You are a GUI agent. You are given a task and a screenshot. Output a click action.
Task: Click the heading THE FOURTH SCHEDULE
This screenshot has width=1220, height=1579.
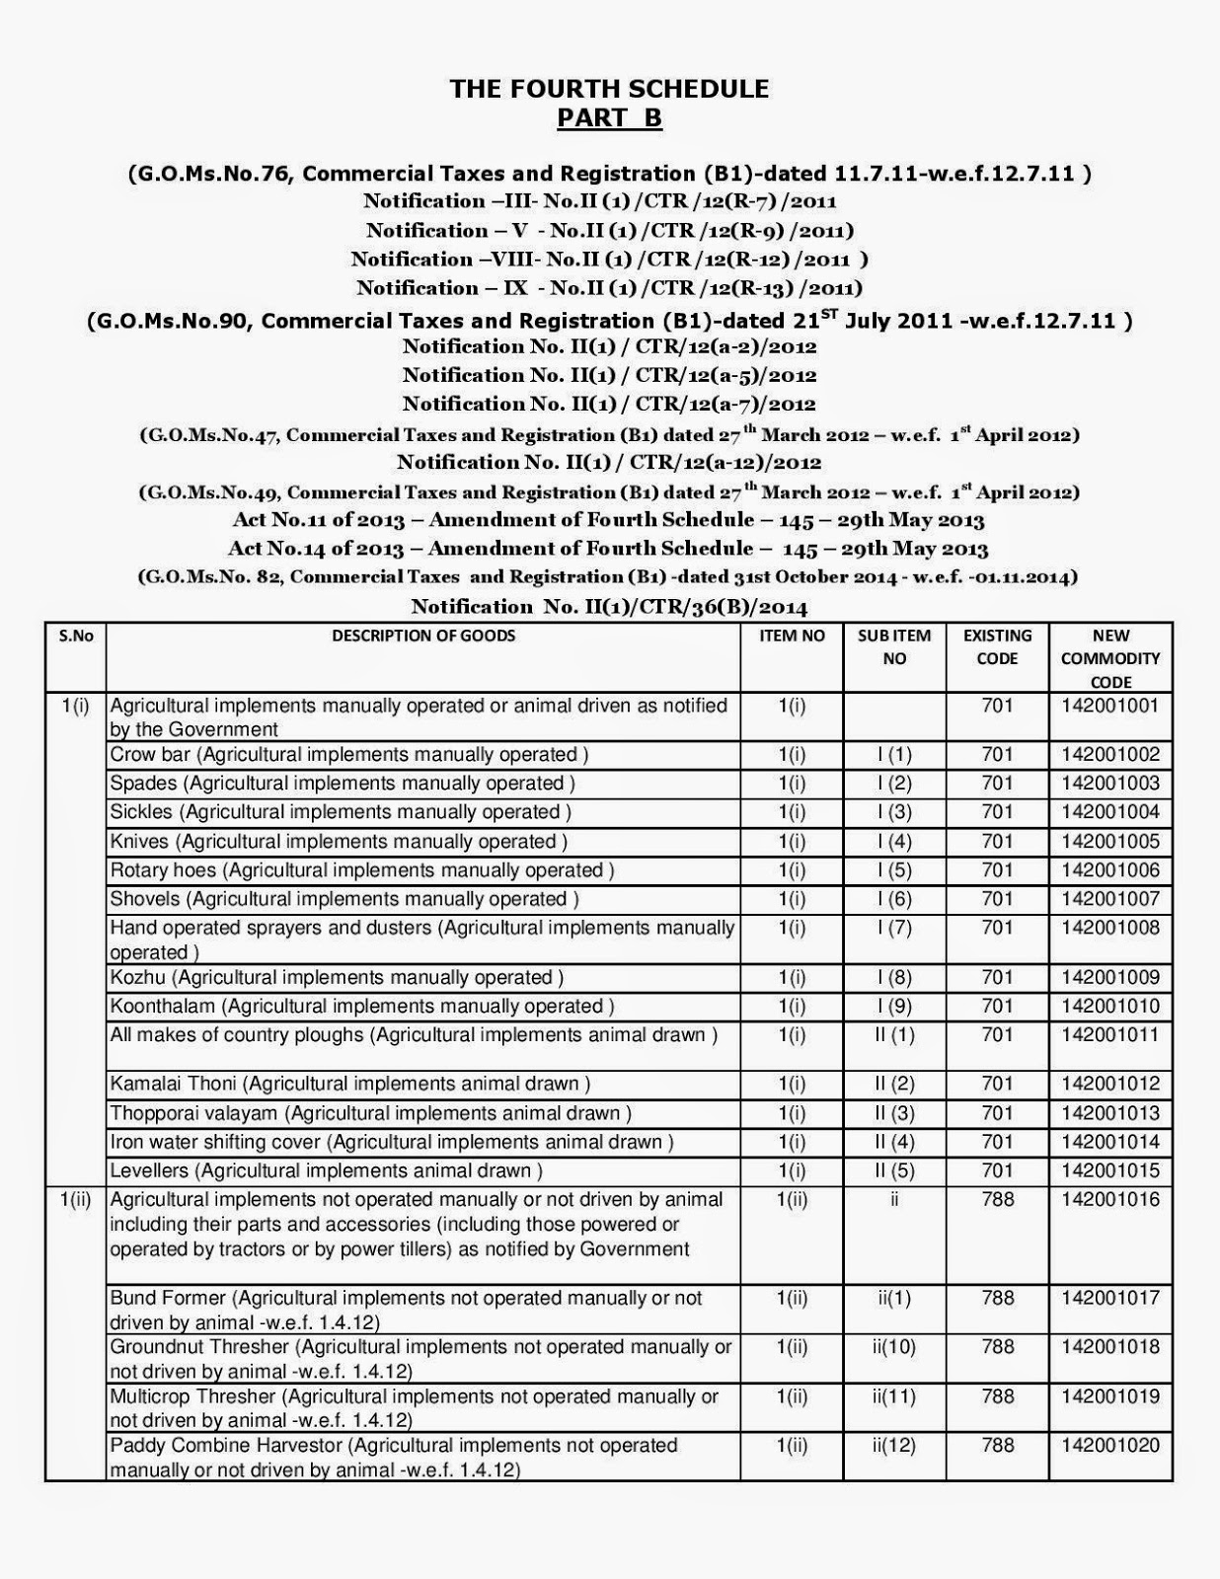coord(609,89)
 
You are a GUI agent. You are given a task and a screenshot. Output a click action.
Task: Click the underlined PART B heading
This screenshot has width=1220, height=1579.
coord(609,118)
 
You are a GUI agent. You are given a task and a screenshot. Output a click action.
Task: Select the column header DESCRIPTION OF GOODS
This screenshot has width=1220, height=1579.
coord(422,637)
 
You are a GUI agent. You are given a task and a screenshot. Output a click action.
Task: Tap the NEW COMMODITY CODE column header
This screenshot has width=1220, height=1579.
coord(1110,658)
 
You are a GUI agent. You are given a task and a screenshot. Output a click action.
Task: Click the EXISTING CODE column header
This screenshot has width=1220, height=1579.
coord(997,647)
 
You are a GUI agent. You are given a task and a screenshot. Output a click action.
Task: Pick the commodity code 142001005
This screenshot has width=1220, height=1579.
coord(1110,842)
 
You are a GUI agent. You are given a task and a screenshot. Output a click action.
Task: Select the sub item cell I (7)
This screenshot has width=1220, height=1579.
coord(894,928)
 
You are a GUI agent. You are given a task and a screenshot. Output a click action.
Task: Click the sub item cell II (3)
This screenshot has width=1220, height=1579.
coord(894,1113)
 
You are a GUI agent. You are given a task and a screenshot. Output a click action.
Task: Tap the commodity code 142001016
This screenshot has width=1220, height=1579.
coord(1110,1200)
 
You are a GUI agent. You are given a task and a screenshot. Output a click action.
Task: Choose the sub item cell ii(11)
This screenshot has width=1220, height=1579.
coord(894,1396)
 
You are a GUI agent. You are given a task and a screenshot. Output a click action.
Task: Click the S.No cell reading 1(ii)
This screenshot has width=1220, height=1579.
coord(75,1200)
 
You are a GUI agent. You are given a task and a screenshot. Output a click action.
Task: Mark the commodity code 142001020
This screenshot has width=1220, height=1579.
coord(1110,1446)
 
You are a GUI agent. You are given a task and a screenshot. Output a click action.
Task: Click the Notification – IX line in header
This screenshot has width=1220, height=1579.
coord(609,288)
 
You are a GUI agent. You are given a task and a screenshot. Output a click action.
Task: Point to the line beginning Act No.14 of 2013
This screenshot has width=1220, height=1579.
coord(608,548)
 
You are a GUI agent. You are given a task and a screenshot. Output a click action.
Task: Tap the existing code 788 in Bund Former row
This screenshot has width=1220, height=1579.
coord(997,1298)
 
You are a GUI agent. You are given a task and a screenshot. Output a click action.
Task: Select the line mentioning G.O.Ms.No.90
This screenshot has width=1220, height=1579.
coord(609,321)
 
